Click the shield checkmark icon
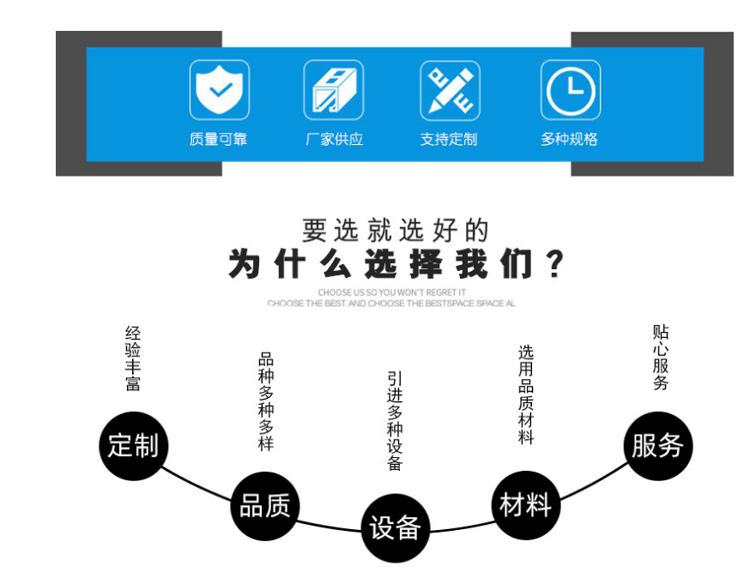219,90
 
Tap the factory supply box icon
334,90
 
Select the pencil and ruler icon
450,90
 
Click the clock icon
571,90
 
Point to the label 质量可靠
219,139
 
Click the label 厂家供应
335,139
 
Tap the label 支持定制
449,139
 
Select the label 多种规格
570,139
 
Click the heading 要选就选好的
396,230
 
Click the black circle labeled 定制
133,446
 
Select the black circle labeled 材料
525,505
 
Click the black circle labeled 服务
657,446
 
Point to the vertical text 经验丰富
133,358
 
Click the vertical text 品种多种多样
266,401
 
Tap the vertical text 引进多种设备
395,420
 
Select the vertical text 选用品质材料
526,394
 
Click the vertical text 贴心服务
660,358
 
